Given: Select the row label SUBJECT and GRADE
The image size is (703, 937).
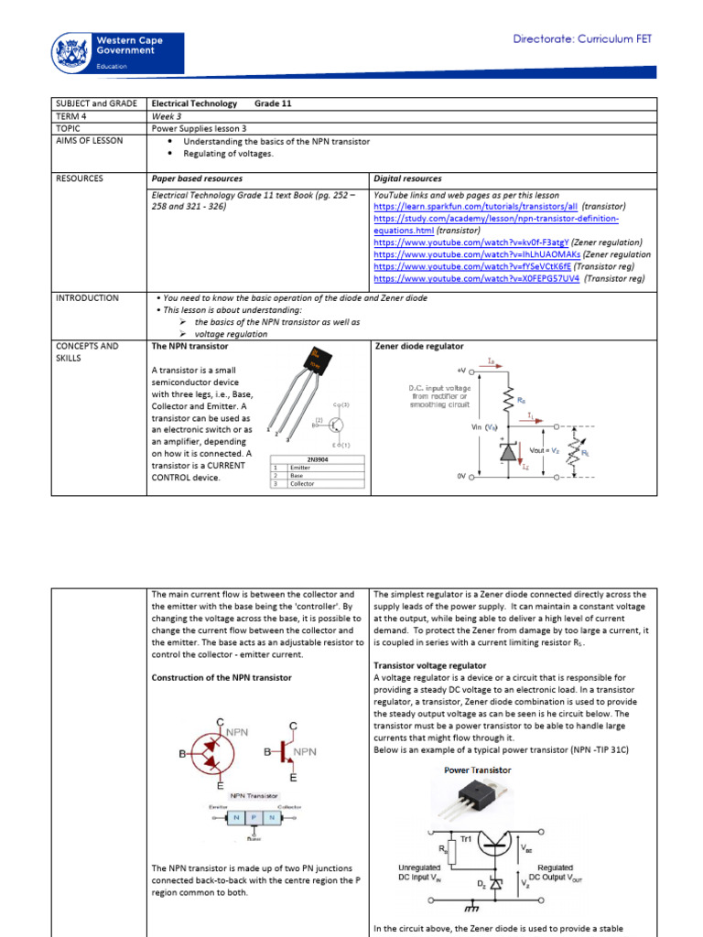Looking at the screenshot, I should tap(96, 104).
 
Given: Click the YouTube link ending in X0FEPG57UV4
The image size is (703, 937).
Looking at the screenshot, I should tap(476, 278).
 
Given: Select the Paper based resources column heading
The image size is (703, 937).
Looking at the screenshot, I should tap(197, 179).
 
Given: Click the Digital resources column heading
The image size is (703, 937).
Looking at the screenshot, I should tap(408, 179).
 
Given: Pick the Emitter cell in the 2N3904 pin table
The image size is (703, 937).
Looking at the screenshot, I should tap(301, 468).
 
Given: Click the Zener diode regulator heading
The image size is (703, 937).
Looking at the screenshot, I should tap(419, 347).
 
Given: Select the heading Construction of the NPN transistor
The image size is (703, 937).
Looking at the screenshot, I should tap(222, 677).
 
